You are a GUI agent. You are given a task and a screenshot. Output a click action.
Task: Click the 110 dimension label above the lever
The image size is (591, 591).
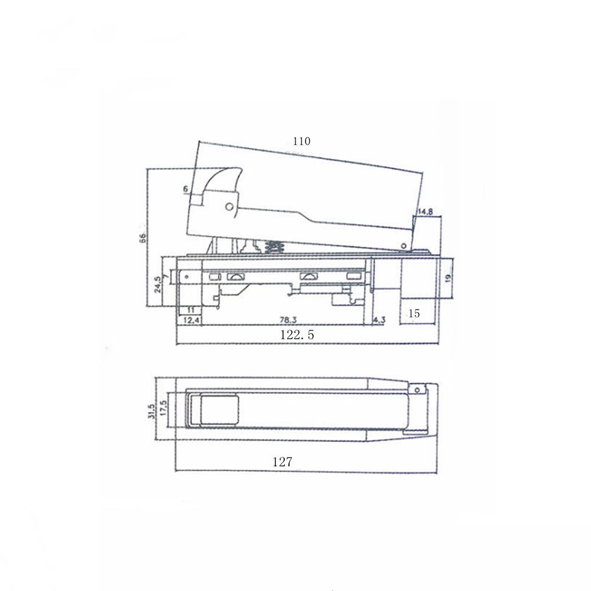(x=301, y=141)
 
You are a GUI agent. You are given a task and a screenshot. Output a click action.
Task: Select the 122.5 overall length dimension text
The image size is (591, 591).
(x=297, y=335)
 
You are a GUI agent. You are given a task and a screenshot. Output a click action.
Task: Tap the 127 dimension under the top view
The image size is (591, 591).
(x=282, y=463)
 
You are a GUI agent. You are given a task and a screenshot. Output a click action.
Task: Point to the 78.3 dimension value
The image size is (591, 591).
(x=288, y=320)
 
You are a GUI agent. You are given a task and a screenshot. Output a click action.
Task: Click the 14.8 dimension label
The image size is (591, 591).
(x=426, y=212)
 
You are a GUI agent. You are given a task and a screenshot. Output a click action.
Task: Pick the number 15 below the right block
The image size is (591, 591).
(x=414, y=313)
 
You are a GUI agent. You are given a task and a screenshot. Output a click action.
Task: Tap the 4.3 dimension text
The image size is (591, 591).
(x=379, y=320)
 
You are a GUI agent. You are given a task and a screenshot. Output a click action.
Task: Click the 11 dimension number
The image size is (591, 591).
(x=191, y=310)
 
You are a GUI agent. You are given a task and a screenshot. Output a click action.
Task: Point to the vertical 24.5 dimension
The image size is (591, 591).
(x=157, y=285)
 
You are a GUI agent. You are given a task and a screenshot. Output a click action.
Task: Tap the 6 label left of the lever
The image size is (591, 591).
(x=186, y=189)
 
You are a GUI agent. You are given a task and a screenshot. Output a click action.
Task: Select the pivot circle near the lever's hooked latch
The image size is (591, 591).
(x=229, y=206)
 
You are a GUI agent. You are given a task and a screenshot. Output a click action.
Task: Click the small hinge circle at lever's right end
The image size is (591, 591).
(x=404, y=244)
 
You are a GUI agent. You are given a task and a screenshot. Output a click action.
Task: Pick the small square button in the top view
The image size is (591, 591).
(x=219, y=410)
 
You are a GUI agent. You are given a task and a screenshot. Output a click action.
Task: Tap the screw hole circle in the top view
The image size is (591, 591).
(x=417, y=389)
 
